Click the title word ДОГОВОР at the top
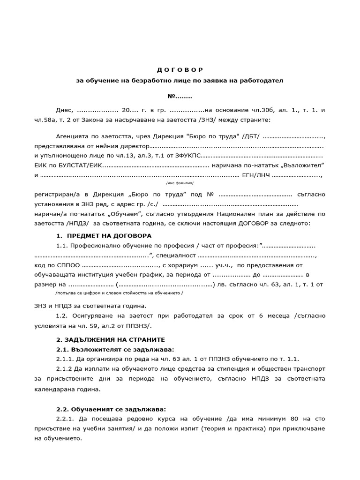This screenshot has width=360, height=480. coord(180,70)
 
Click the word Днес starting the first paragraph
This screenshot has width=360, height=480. coord(64,110)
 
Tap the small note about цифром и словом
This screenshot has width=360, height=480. coord(119,292)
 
